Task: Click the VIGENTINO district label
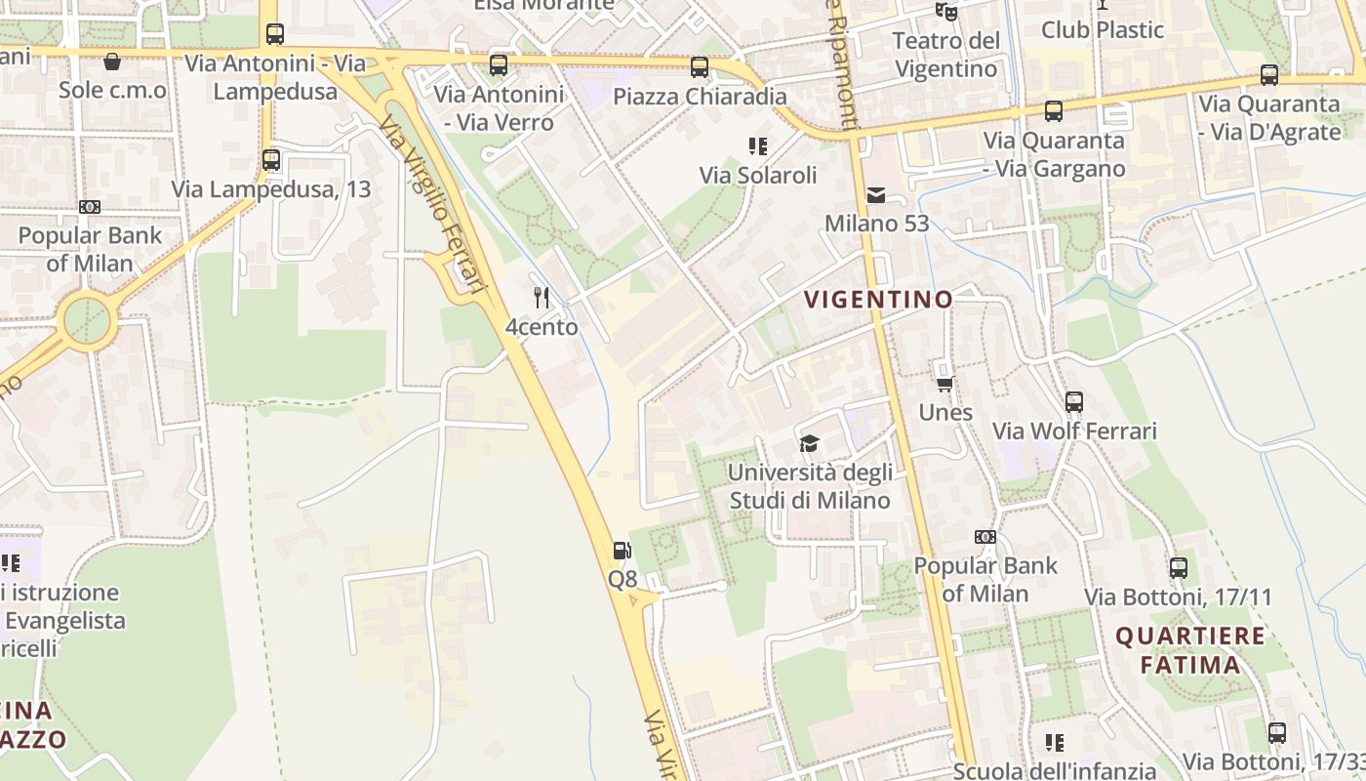coord(877,300)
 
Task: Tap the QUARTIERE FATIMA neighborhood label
coord(1190,651)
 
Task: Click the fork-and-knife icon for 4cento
coord(542,297)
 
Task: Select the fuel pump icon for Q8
coord(622,551)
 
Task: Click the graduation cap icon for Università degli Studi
coord(809,444)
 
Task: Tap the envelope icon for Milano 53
coord(876,195)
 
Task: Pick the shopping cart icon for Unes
coord(944,384)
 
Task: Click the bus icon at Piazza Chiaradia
coord(699,67)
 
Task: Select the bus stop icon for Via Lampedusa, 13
coord(271,160)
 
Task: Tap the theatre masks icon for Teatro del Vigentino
coord(945,12)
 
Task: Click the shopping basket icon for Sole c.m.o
coord(112,62)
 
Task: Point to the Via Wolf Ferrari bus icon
coord(1074,401)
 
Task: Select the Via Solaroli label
coord(757,175)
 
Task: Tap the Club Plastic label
coord(1103,29)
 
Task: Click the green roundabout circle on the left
coord(88,319)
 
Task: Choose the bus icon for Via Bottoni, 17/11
coord(1179,567)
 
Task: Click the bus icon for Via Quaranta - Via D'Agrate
coord(1268,74)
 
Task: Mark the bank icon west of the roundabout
coord(90,207)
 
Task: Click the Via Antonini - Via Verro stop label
coord(499,108)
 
